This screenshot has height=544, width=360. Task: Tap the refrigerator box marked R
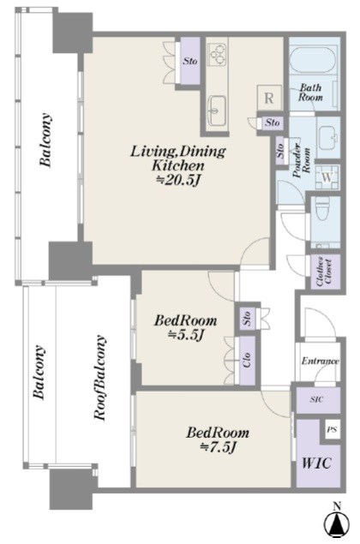(x=269, y=98)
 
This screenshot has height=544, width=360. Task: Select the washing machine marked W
(x=327, y=177)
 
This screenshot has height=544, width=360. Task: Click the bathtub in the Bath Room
(x=313, y=60)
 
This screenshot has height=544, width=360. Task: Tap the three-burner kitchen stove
(x=217, y=55)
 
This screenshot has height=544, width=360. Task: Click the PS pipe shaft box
(x=333, y=429)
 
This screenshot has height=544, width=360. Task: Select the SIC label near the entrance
(x=316, y=399)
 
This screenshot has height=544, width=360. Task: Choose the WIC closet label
(x=317, y=463)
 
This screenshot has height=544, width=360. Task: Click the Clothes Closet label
(x=324, y=272)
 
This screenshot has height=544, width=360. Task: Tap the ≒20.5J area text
(x=179, y=180)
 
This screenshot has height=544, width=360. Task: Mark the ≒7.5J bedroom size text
(x=218, y=447)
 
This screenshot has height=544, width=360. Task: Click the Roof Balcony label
(x=100, y=378)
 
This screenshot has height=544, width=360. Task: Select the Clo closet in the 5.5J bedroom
(x=247, y=360)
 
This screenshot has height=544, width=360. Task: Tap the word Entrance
(x=320, y=362)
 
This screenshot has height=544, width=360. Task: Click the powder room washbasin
(x=328, y=135)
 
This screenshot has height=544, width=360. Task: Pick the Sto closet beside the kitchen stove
(x=190, y=61)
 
